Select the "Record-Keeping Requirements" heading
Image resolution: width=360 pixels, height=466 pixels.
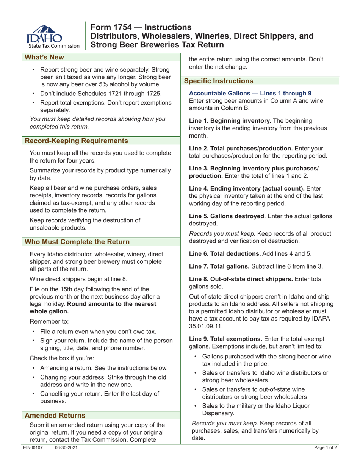pos(76,141)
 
